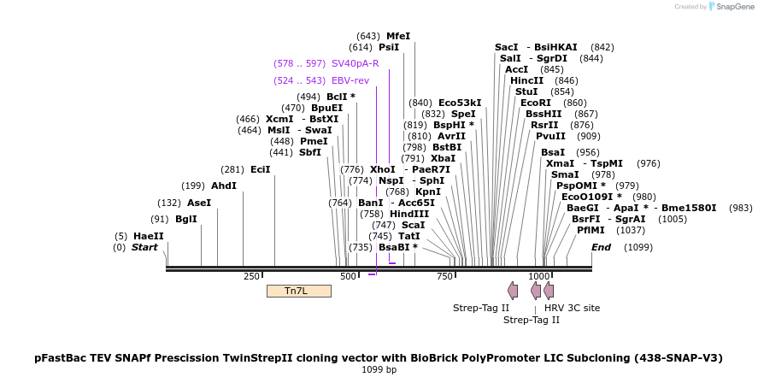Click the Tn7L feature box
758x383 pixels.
click(x=298, y=291)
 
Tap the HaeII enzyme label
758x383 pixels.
click(x=148, y=236)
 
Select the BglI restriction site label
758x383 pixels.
click(x=185, y=219)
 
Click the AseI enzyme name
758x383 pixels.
click(x=198, y=203)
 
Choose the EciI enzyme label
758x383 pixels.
click(x=261, y=169)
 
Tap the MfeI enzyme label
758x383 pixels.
click(x=398, y=36)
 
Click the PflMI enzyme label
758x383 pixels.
click(x=591, y=230)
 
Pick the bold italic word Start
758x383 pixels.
click(x=144, y=247)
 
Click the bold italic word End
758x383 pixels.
click(x=602, y=247)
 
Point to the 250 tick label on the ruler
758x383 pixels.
click(x=251, y=276)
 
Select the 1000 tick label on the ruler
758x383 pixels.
click(x=538, y=276)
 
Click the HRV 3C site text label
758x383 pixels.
click(x=572, y=308)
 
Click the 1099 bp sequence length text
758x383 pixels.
click(x=379, y=370)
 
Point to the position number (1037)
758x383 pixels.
click(x=631, y=230)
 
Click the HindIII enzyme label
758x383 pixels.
click(x=410, y=214)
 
